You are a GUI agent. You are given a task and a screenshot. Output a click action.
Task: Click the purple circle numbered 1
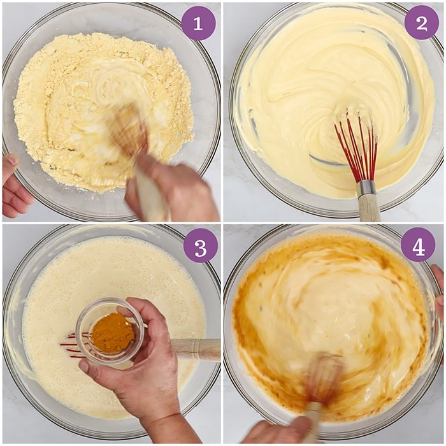199,24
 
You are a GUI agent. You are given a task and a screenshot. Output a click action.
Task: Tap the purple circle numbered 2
422,22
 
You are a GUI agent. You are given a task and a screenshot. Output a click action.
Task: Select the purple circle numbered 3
201,246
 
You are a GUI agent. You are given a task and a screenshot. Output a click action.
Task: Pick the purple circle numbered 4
418,245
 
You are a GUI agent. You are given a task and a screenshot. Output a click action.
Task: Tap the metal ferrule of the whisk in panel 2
366,188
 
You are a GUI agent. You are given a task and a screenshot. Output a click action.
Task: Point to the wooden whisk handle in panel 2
369,208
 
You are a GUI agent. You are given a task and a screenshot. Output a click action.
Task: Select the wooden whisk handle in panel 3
196,349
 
